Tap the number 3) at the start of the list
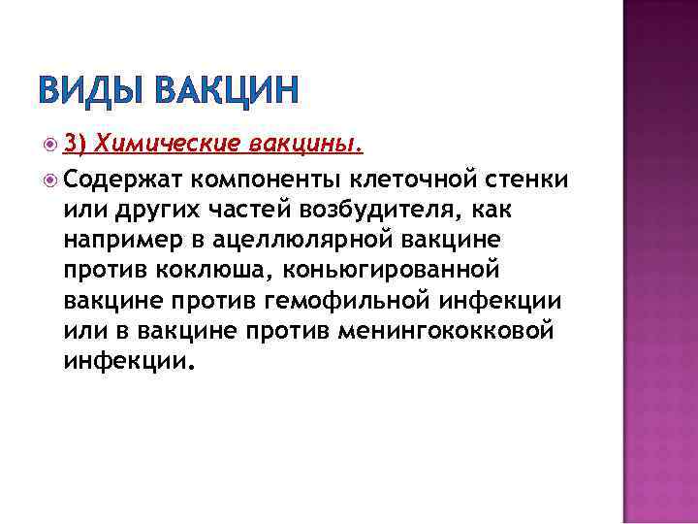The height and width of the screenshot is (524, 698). pos(77,144)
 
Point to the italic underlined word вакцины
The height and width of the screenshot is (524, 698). pos(305,145)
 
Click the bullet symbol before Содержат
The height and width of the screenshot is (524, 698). pos(51,179)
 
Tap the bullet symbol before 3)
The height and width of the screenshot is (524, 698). pos(51,145)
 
